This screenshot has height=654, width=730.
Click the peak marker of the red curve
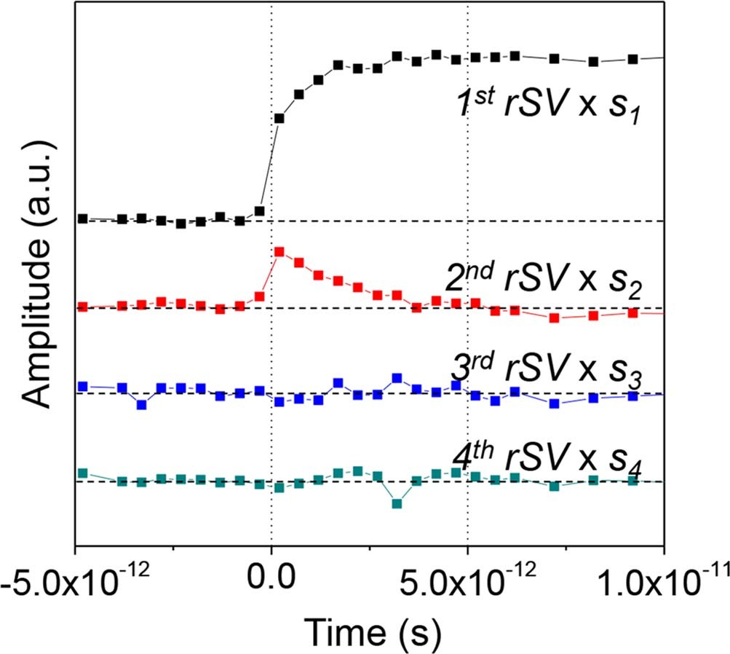[279, 252]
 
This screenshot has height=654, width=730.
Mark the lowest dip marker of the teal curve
[397, 503]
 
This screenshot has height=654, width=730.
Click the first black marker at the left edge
[82, 218]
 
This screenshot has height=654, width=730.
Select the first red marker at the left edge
[82, 307]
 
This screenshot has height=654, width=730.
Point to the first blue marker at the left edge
[82, 386]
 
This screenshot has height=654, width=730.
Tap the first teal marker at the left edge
[82, 473]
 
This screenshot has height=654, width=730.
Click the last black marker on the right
[632, 59]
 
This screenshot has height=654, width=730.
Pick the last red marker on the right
[632, 313]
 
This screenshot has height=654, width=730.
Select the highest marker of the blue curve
[397, 378]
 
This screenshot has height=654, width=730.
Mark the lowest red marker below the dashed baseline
[554, 318]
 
